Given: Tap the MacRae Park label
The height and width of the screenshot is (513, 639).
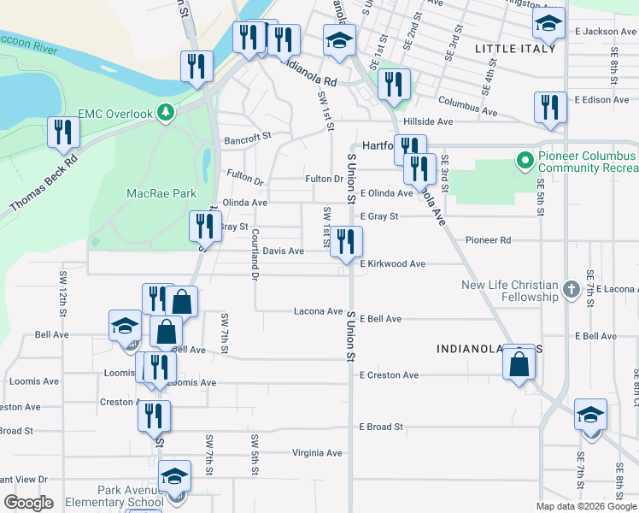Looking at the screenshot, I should pyautogui.click(x=161, y=194).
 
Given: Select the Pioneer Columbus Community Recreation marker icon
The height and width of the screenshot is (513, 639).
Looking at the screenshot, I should pyautogui.click(x=523, y=160).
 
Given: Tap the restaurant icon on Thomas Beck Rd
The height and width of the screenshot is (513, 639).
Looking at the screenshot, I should pyautogui.click(x=63, y=132).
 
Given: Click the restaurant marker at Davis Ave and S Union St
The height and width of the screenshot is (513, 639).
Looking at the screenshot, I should pyautogui.click(x=346, y=241).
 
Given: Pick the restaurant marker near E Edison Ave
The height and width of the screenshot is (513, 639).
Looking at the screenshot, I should pyautogui.click(x=550, y=107).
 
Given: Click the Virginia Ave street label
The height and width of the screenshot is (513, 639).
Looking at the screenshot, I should pyautogui.click(x=317, y=453).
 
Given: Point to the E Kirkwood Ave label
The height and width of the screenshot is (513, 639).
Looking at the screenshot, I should pyautogui.click(x=392, y=264).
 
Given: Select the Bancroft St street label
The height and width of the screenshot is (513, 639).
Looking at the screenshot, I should pyautogui.click(x=247, y=136).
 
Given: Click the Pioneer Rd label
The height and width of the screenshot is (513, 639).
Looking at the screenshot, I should pyautogui.click(x=488, y=240).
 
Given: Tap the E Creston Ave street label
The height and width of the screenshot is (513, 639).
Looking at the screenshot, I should pyautogui.click(x=389, y=375).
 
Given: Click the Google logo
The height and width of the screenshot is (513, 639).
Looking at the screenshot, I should pyautogui.click(x=28, y=503).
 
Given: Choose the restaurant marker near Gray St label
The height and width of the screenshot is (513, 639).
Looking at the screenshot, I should pyautogui.click(x=204, y=227).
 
